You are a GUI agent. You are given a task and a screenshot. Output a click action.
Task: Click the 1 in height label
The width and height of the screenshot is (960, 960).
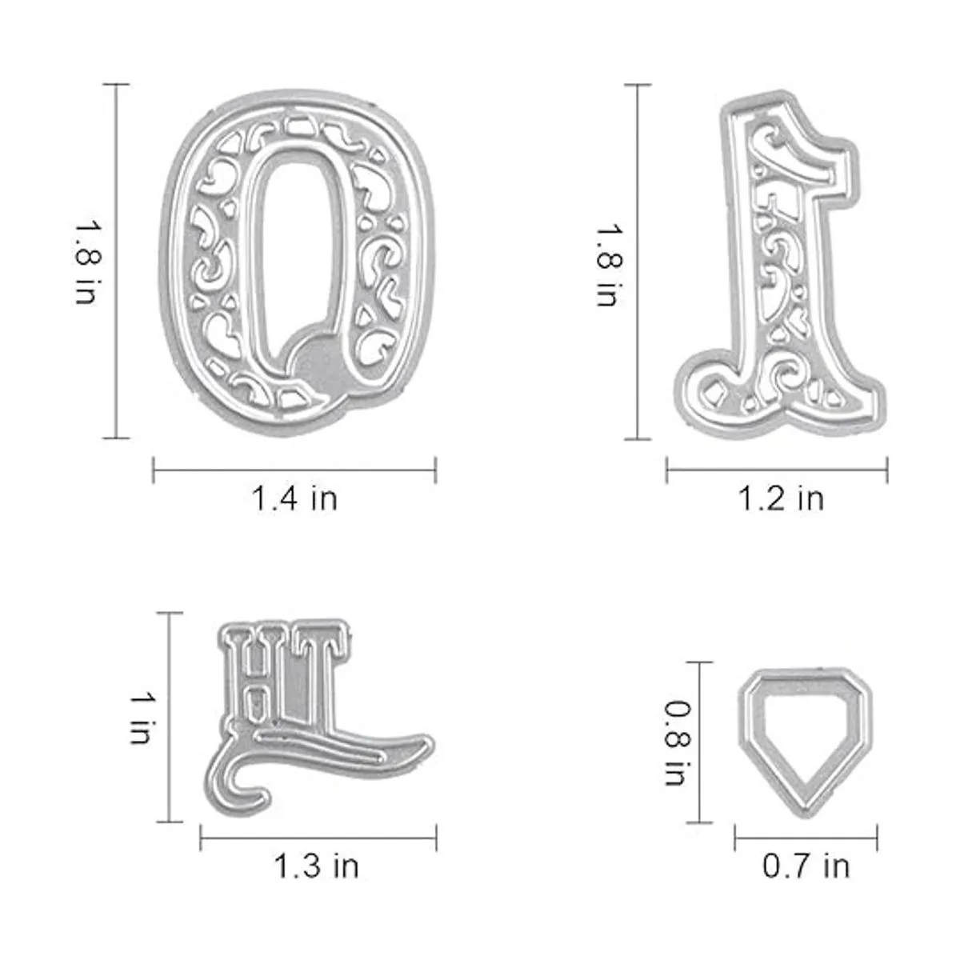click(142, 718)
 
